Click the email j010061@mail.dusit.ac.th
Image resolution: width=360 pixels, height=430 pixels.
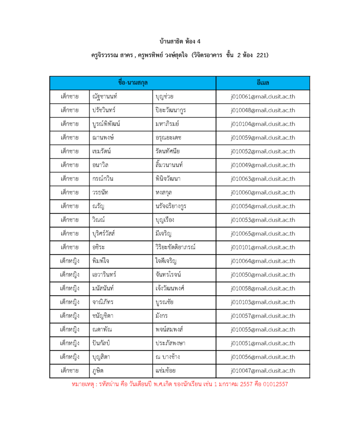pos(263,97)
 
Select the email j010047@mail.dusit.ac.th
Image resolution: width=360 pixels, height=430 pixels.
pos(263,371)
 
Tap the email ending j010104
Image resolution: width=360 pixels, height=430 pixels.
pos(263,124)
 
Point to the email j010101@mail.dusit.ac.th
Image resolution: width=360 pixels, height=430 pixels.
pos(263,247)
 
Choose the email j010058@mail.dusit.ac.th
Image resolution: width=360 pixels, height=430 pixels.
pos(263,288)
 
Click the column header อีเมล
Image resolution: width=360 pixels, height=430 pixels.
pos(263,83)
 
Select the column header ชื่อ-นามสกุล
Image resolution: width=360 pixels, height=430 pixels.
pos(133,83)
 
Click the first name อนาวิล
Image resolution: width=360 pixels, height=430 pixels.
pos(100,165)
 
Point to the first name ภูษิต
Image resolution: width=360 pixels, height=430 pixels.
pos(98,371)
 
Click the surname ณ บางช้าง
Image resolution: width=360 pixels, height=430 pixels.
pos(168,357)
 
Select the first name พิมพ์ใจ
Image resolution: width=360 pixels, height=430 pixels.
pos(101,261)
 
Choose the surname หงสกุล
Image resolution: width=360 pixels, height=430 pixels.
pos(163,193)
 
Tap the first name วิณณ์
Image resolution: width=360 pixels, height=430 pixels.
pos(100,220)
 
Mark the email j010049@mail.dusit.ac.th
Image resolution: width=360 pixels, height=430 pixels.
pos(263,165)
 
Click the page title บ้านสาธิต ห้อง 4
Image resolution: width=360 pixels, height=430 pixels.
pos(180,42)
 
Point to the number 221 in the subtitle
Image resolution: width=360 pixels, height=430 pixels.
pos(261,55)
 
